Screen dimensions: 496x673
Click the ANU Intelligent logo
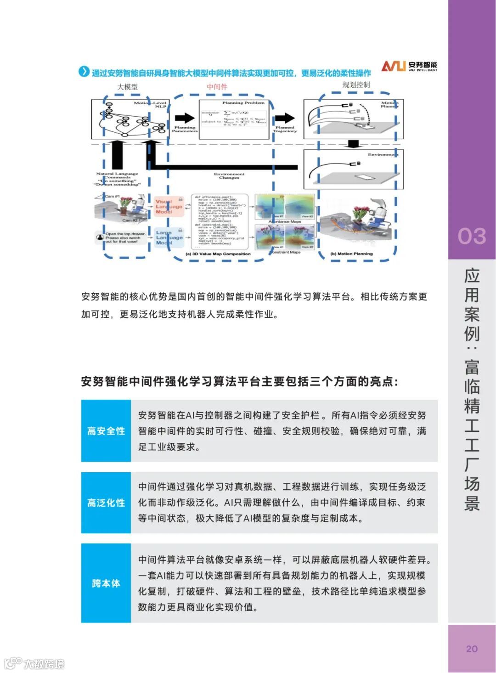pyautogui.click(x=409, y=66)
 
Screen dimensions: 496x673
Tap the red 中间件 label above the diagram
pyautogui.click(x=217, y=87)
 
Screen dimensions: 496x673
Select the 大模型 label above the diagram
pyautogui.click(x=127, y=87)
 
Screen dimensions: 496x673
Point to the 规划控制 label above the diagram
pyautogui.click(x=356, y=85)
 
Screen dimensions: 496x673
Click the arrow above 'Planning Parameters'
pyautogui.click(x=185, y=118)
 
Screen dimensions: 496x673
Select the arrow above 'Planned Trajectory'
pyautogui.click(x=285, y=118)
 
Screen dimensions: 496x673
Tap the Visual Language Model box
pyautogui.click(x=169, y=206)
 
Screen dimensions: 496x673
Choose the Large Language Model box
pyautogui.click(x=169, y=238)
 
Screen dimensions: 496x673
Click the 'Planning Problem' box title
pyautogui.click(x=243, y=103)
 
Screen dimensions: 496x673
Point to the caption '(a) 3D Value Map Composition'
pyautogui.click(x=218, y=254)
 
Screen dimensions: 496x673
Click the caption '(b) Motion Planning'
pyautogui.click(x=352, y=254)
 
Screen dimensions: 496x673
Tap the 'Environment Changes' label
pyautogui.click(x=229, y=176)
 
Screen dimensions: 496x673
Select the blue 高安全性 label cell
pyautogui.click(x=106, y=431)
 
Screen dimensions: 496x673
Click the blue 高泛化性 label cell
pyautogui.click(x=106, y=503)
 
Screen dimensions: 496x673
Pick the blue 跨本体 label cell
pyautogui.click(x=106, y=583)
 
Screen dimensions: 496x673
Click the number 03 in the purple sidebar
pyautogui.click(x=471, y=236)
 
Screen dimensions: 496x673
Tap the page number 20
pyautogui.click(x=472, y=649)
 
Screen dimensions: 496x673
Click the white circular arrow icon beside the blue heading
pyautogui.click(x=84, y=72)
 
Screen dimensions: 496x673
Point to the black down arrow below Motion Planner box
pyautogui.click(x=353, y=144)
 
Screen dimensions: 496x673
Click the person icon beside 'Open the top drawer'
pyautogui.click(x=100, y=238)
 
